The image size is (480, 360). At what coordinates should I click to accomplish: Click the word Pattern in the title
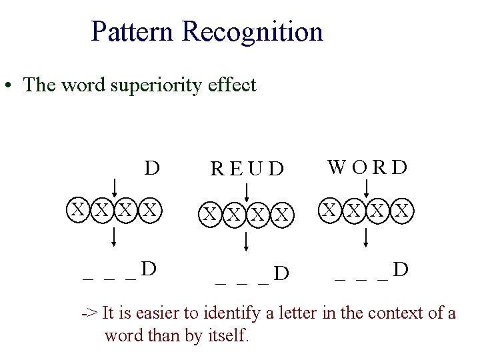(x=133, y=31)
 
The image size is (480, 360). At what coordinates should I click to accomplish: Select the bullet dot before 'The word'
(x=9, y=86)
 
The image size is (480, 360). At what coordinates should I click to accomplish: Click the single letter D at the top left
(x=152, y=167)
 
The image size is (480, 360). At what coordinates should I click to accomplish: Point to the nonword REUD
(x=246, y=169)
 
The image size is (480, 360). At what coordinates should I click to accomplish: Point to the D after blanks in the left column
(x=150, y=269)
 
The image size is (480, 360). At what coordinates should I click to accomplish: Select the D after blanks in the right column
(x=401, y=269)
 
